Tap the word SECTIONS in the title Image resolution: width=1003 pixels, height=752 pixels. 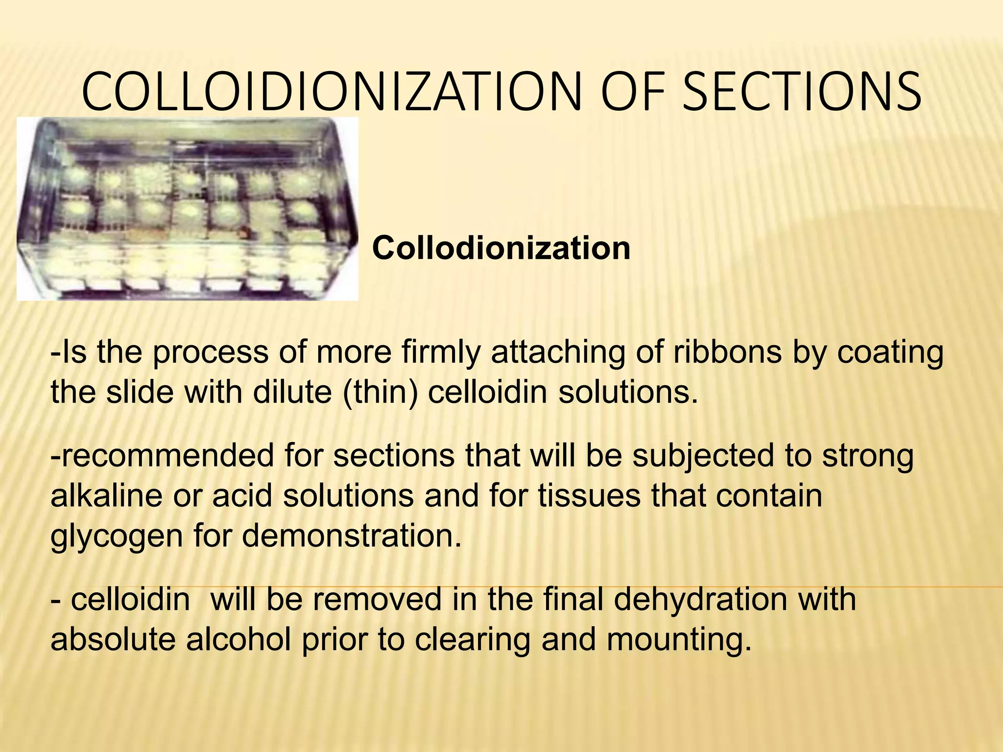801,92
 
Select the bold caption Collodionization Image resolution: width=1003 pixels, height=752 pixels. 501,248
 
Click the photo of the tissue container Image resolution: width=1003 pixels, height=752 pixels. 187,209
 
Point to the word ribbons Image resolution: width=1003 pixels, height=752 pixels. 727,352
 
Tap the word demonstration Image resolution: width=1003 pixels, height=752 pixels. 352,535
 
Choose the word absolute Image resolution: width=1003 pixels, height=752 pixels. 113,639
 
